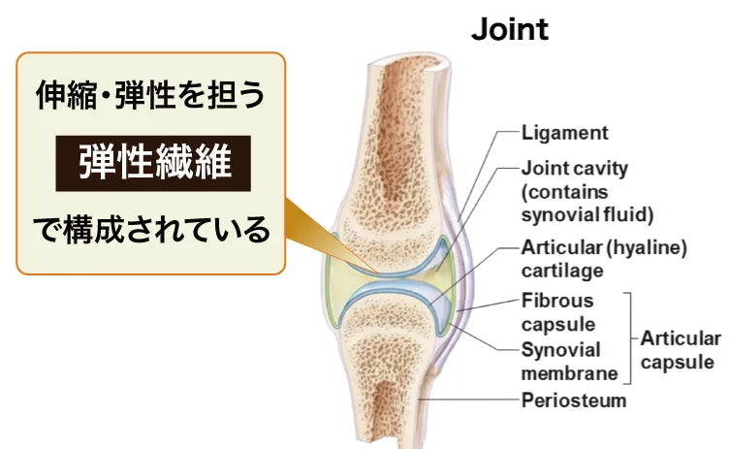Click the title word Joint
click(510, 29)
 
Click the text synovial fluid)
click(587, 213)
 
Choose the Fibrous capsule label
click(557, 312)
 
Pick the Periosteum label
click(574, 400)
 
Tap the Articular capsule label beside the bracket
click(680, 350)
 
